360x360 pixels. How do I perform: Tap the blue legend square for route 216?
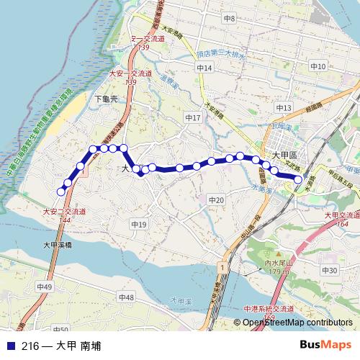point(10,346)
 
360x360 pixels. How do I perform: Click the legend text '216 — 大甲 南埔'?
point(60,346)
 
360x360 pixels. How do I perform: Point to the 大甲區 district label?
point(289,156)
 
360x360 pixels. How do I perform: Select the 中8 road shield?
point(230,17)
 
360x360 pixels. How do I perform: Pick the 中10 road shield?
point(318,66)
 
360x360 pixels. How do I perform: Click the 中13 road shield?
point(284,108)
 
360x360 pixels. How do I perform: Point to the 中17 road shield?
point(192,117)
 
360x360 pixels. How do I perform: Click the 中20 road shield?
point(215,199)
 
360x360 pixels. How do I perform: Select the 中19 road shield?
point(139,225)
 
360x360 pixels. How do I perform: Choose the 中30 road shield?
point(328,270)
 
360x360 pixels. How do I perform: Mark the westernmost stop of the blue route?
point(60,192)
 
